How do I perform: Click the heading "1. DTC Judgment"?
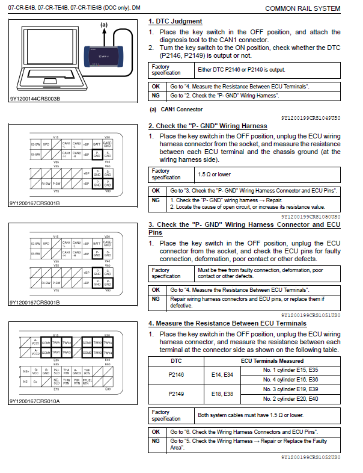[x=175, y=21]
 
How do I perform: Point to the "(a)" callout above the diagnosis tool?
[x=103, y=25]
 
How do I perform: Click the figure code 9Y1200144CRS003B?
[x=34, y=98]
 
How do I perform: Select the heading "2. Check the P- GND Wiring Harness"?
[x=207, y=126]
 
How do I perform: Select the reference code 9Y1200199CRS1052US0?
[x=310, y=457]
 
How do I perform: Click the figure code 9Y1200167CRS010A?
[x=34, y=401]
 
